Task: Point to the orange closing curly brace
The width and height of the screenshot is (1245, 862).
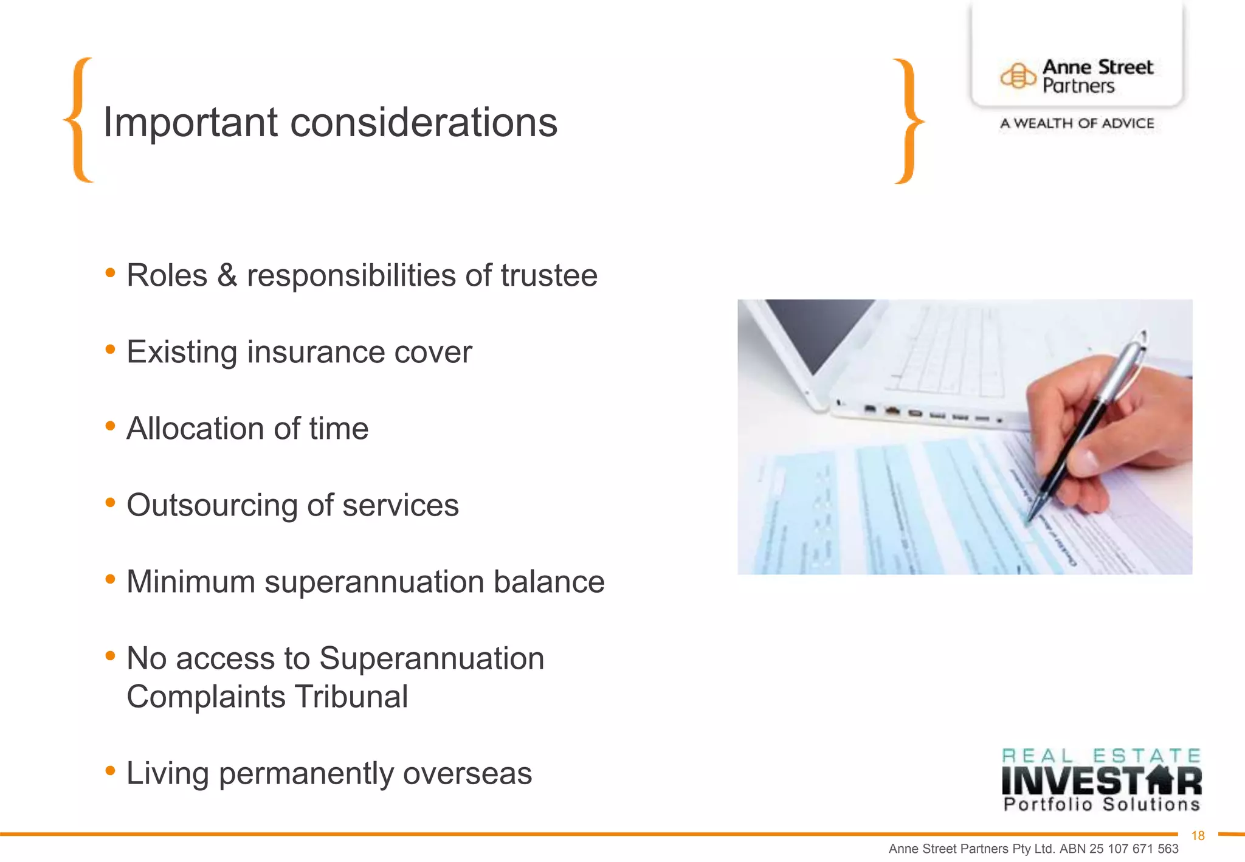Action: click(908, 121)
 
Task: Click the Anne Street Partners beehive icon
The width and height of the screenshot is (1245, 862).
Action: click(1018, 77)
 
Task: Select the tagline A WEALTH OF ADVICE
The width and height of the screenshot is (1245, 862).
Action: click(1077, 123)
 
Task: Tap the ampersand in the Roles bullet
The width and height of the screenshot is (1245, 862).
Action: click(227, 275)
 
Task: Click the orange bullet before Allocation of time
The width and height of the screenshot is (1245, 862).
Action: click(110, 426)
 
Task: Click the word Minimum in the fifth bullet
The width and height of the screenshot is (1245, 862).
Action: click(191, 582)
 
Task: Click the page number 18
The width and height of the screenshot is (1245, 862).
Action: click(1198, 836)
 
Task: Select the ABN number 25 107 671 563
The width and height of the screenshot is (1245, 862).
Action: click(1134, 849)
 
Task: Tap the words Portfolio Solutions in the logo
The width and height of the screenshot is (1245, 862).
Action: click(1101, 805)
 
